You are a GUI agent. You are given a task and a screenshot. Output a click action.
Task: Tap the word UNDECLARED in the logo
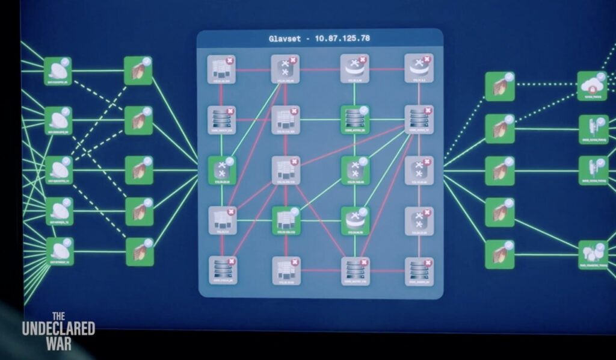coord(58,329)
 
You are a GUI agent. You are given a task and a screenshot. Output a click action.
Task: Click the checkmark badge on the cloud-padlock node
coord(602,76)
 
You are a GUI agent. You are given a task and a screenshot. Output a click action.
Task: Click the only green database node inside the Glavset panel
coord(354,118)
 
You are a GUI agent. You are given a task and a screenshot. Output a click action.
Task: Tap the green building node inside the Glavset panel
coord(285,220)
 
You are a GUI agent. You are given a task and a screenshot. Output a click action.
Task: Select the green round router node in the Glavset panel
coord(354,220)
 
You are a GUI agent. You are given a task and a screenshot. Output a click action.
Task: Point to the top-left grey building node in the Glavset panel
coord(221,69)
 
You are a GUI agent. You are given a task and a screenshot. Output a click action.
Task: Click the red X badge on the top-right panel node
coord(427,60)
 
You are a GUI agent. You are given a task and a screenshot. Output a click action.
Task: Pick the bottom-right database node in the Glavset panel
coord(419,270)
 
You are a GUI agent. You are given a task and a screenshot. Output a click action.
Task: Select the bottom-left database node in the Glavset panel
coord(222,270)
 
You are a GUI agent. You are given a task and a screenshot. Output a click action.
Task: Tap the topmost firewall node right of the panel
coord(499,86)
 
